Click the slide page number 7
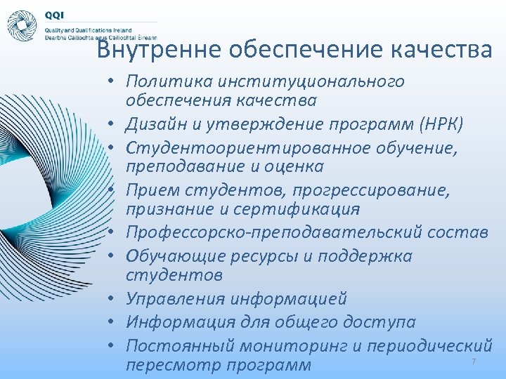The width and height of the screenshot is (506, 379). [x=474, y=361]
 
